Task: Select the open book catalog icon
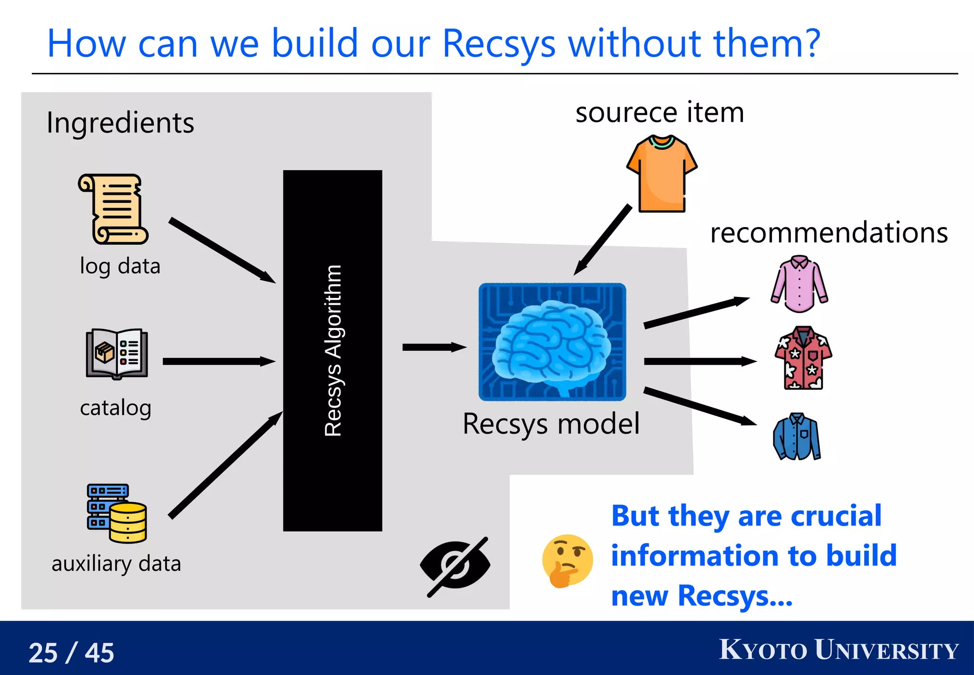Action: (117, 354)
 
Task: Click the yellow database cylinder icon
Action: (127, 523)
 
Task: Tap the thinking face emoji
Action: (567, 561)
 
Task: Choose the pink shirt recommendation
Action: (799, 284)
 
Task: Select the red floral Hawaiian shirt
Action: (803, 358)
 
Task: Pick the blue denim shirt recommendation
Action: (797, 437)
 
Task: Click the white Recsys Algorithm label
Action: (333, 351)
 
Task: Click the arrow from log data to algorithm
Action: (222, 250)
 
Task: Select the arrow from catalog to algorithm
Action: (219, 361)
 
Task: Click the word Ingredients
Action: (120, 123)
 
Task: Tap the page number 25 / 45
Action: (71, 652)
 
